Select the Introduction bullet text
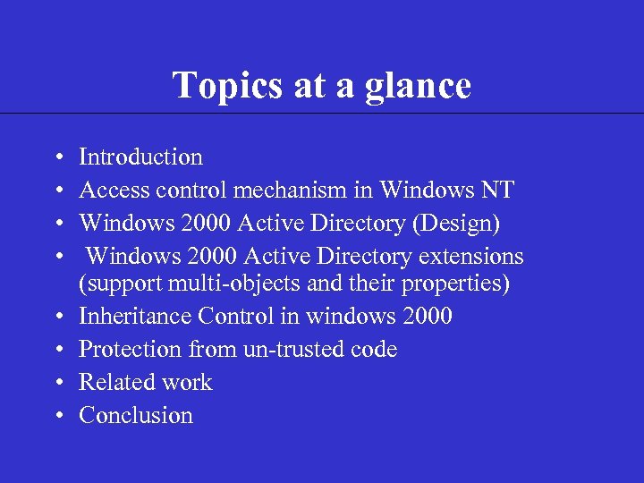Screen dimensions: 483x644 pyautogui.click(x=140, y=157)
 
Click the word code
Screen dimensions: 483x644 pyautogui.click(x=374, y=350)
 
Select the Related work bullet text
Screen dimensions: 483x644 pyautogui.click(x=145, y=383)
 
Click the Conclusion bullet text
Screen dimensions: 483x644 pyautogui.click(x=136, y=416)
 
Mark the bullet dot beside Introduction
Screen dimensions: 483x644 pyautogui.click(x=56, y=158)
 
